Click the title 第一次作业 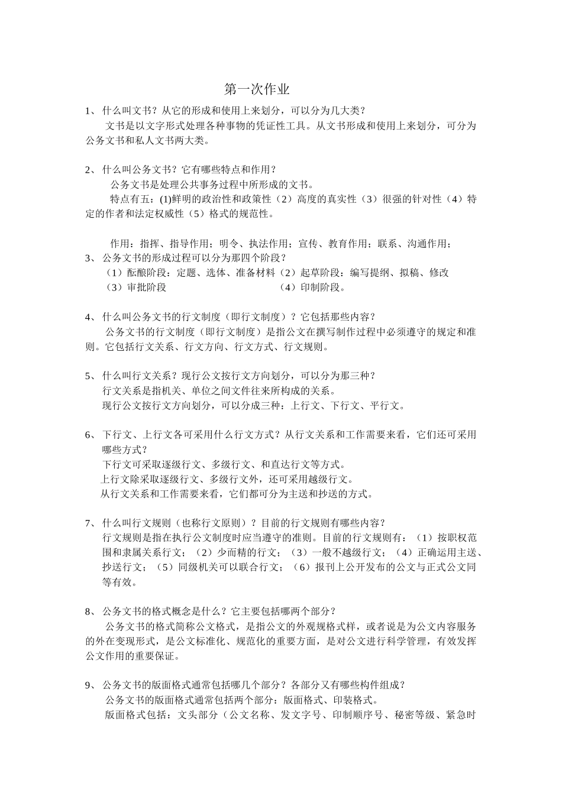[x=257, y=90]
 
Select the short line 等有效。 [x=119, y=582]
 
